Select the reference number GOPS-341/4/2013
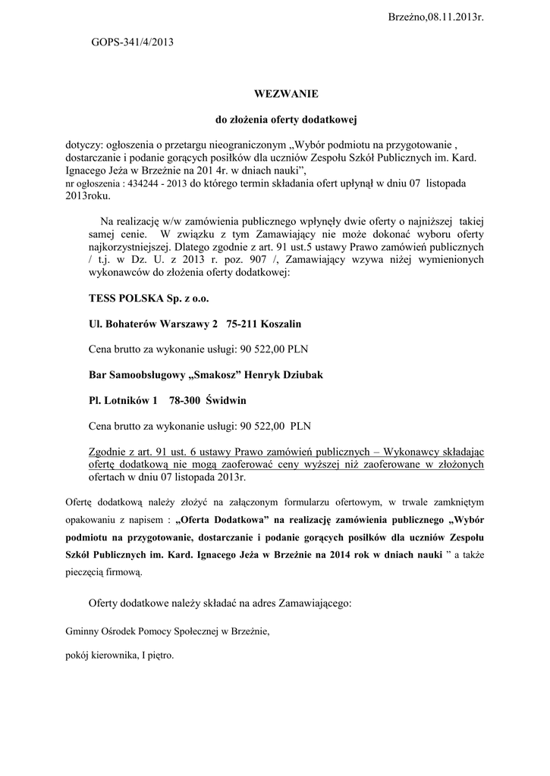(x=132, y=42)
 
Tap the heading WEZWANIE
(x=275, y=94)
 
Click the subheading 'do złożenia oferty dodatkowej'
(x=275, y=120)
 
